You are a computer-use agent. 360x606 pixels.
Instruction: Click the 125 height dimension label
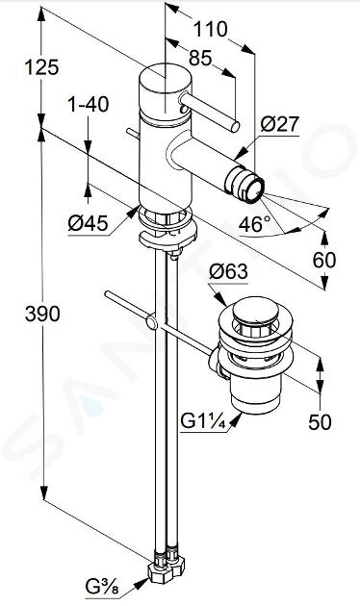pos(41,67)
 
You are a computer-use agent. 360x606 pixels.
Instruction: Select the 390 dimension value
pos(42,314)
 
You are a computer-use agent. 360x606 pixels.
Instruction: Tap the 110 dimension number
pos(211,30)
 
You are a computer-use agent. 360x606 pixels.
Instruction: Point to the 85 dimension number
pos(200,58)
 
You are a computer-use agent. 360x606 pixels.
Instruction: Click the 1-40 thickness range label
pos(89,104)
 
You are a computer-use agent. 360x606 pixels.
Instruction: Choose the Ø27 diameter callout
pos(280,124)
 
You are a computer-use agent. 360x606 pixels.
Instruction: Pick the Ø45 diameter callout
pos(88,223)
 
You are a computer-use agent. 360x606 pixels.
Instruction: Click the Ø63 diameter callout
pos(228,272)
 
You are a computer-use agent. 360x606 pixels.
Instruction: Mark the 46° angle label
pos(255,224)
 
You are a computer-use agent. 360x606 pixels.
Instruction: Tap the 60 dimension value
pos(324,260)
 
